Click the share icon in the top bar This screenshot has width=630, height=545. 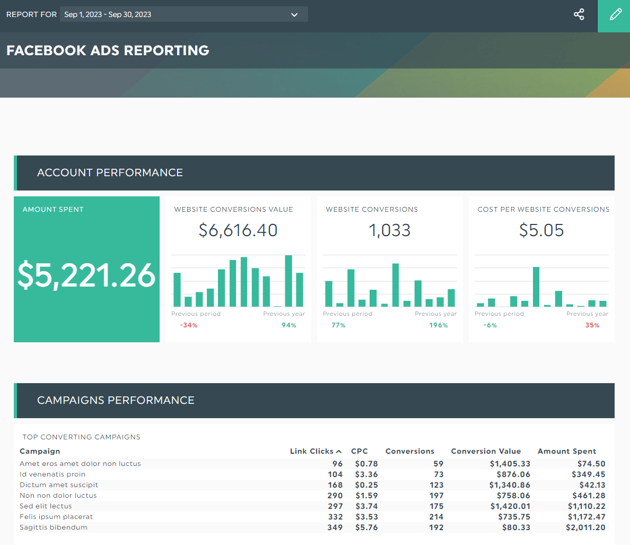pyautogui.click(x=579, y=14)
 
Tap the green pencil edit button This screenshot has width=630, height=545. pyautogui.click(x=615, y=15)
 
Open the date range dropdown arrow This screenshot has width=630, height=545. pyautogui.click(x=294, y=15)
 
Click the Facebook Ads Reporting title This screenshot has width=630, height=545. pyautogui.click(x=108, y=50)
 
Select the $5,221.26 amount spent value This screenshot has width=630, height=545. pyautogui.click(x=86, y=275)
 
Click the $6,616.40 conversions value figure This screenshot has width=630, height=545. pyautogui.click(x=238, y=230)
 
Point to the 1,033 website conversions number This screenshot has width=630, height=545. pyautogui.click(x=389, y=230)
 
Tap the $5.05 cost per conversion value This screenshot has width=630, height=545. pyautogui.click(x=541, y=230)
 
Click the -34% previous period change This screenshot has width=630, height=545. pyautogui.click(x=188, y=325)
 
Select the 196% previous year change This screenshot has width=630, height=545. pyautogui.click(x=438, y=325)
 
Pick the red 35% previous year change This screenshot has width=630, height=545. pyautogui.click(x=592, y=325)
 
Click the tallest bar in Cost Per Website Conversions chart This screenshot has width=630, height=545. pyautogui.click(x=536, y=287)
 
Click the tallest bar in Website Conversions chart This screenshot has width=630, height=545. pyautogui.click(x=395, y=285)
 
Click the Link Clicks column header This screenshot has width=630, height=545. pyautogui.click(x=312, y=451)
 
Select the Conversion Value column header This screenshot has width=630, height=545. pyautogui.click(x=486, y=451)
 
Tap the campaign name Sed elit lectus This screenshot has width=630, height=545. pyautogui.click(x=46, y=506)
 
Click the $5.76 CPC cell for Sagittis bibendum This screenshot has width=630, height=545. pyautogui.click(x=366, y=527)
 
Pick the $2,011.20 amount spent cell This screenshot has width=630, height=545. pyautogui.click(x=585, y=527)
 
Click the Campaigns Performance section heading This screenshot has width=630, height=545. pyautogui.click(x=116, y=401)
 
